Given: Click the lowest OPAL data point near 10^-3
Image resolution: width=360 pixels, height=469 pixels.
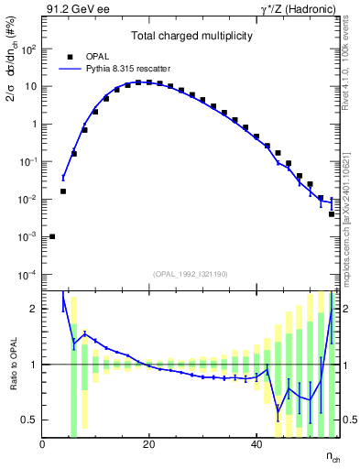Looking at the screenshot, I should click(x=52, y=236).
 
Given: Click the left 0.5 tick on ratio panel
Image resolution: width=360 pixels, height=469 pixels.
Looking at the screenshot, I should click(x=30, y=420).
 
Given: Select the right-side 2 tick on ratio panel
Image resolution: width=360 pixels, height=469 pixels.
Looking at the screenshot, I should click(x=348, y=309).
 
